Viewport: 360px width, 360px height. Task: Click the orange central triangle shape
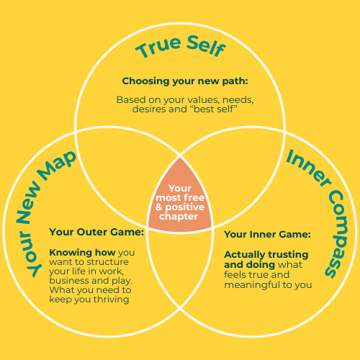pos(180,202)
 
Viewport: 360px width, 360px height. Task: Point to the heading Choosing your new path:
pos(185,81)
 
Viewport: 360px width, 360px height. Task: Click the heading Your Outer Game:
pos(96,232)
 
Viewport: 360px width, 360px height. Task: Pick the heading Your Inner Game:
pos(267,235)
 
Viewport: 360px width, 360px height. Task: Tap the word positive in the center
pos(185,207)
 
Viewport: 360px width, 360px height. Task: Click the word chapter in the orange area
pos(179,217)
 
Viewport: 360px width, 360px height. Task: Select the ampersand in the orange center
pos(159,207)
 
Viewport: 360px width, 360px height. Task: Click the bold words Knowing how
pos(82,253)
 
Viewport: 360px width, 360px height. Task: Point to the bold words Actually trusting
pos(266,255)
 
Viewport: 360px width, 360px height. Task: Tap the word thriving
pos(112,300)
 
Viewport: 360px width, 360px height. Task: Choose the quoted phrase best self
pos(214,109)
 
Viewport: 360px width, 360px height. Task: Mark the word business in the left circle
pos(69,281)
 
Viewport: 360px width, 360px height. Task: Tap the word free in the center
pos(194,198)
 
